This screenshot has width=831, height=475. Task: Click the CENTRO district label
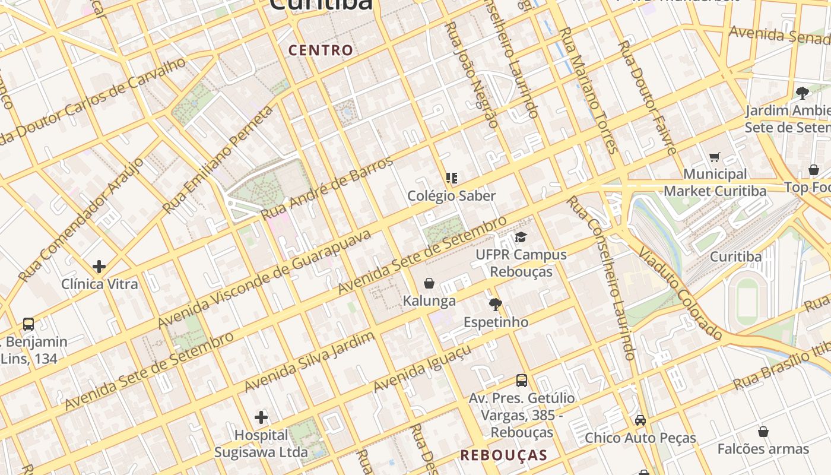[x=321, y=50]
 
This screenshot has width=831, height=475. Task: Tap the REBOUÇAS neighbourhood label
[x=503, y=455]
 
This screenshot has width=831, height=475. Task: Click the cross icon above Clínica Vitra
[x=99, y=267]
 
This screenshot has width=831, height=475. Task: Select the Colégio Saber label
[x=451, y=195]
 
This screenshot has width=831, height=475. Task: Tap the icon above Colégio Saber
[x=452, y=178]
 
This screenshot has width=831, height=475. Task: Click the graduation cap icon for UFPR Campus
[x=521, y=237]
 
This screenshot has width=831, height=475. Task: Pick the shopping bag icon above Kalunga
[x=429, y=283]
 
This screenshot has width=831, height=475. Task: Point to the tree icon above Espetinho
[x=495, y=305]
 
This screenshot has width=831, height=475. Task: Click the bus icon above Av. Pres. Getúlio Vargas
[x=522, y=381]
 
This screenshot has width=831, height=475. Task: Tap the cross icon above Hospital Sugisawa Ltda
[x=261, y=417]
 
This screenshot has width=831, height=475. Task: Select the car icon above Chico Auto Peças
[x=640, y=420]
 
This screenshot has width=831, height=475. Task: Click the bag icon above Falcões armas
[x=763, y=431]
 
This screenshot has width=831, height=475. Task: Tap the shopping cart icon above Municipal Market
[x=715, y=157]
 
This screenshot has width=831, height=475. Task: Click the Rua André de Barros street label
[x=327, y=188]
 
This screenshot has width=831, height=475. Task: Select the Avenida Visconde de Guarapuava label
[x=265, y=278]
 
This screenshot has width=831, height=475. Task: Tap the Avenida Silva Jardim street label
[x=309, y=362]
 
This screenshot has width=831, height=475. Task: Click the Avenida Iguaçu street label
[x=422, y=368]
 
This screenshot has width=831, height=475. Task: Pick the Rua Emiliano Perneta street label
[x=218, y=159]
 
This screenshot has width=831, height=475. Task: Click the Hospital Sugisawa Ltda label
[x=261, y=444]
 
